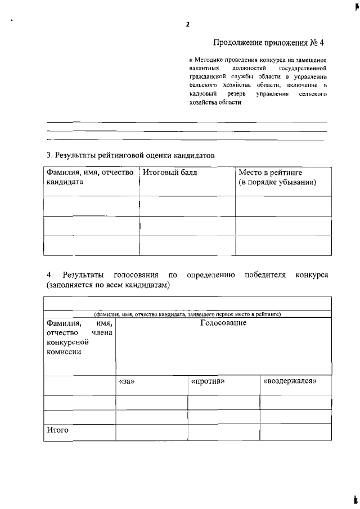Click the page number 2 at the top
click(x=187, y=24)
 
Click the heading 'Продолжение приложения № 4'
click(x=269, y=43)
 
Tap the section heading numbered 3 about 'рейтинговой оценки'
click(x=130, y=155)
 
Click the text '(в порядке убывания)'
click(x=277, y=183)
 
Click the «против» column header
click(x=208, y=381)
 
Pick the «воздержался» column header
click(x=290, y=381)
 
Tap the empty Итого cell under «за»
click(x=151, y=431)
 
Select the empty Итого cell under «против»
click(x=223, y=431)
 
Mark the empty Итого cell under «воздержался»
click(x=295, y=431)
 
